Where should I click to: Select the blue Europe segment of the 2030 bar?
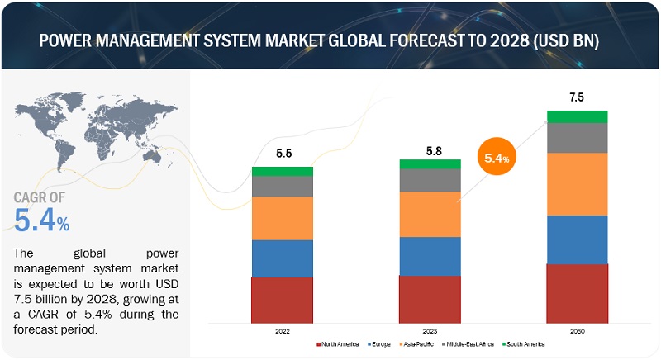(578, 239)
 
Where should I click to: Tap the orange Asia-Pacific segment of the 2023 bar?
(430, 215)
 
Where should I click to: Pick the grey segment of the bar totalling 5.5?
(283, 187)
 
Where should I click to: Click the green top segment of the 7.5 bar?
(578, 116)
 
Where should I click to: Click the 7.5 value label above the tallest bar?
(578, 97)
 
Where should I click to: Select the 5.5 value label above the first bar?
(283, 154)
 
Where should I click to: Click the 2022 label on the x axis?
(283, 330)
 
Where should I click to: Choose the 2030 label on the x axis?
(578, 330)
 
